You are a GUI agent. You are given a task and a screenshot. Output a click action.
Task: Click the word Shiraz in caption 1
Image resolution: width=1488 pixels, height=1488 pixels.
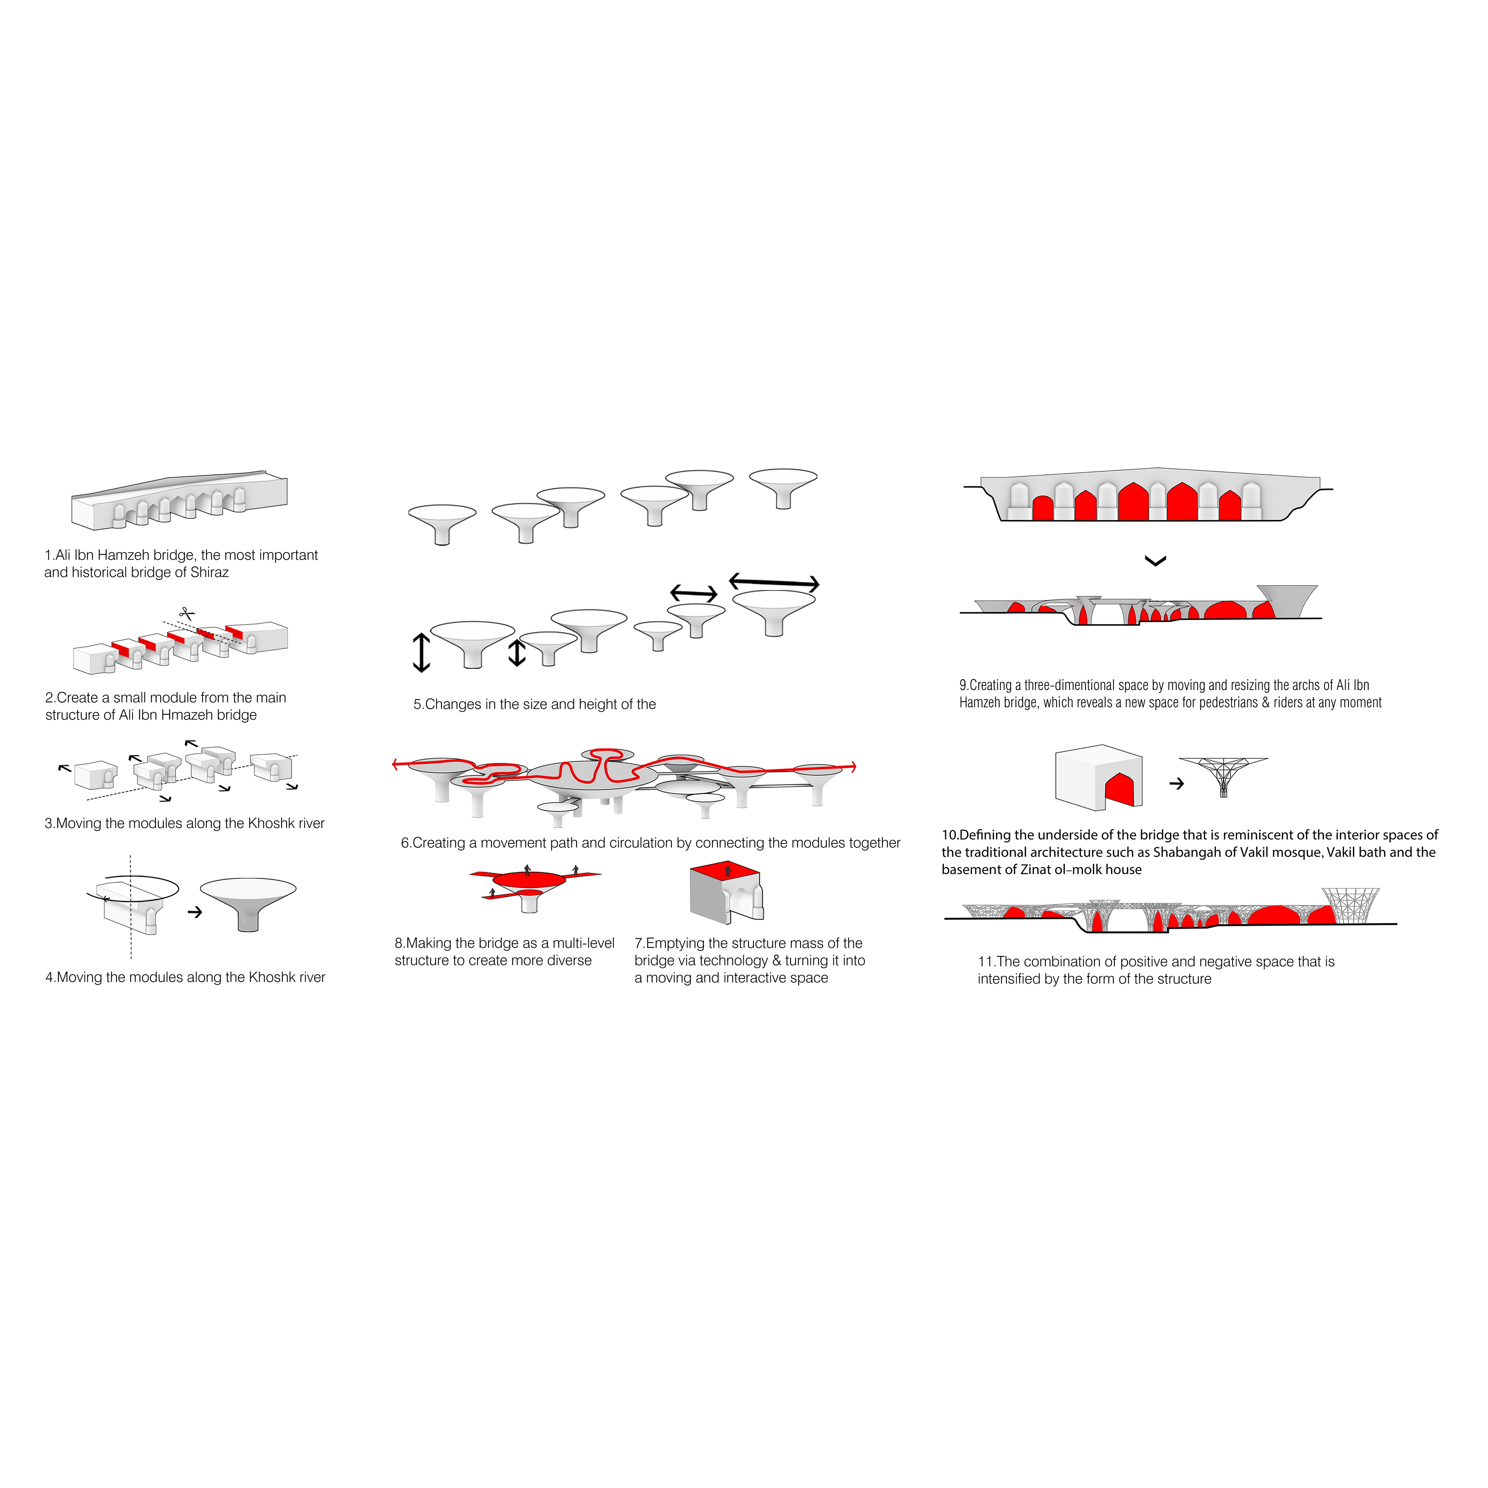(x=209, y=572)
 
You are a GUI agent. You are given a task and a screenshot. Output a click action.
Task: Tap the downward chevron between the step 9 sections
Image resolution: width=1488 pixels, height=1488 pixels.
(x=1155, y=561)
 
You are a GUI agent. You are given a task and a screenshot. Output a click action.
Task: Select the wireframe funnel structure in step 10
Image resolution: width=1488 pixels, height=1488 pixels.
(x=1223, y=774)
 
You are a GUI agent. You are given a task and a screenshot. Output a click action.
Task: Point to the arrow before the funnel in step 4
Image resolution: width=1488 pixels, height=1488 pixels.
(x=195, y=912)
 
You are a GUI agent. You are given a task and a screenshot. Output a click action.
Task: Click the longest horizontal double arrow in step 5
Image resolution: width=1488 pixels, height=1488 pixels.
(x=774, y=582)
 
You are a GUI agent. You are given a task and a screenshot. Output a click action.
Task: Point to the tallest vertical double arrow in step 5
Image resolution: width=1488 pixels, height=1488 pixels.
(x=421, y=652)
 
